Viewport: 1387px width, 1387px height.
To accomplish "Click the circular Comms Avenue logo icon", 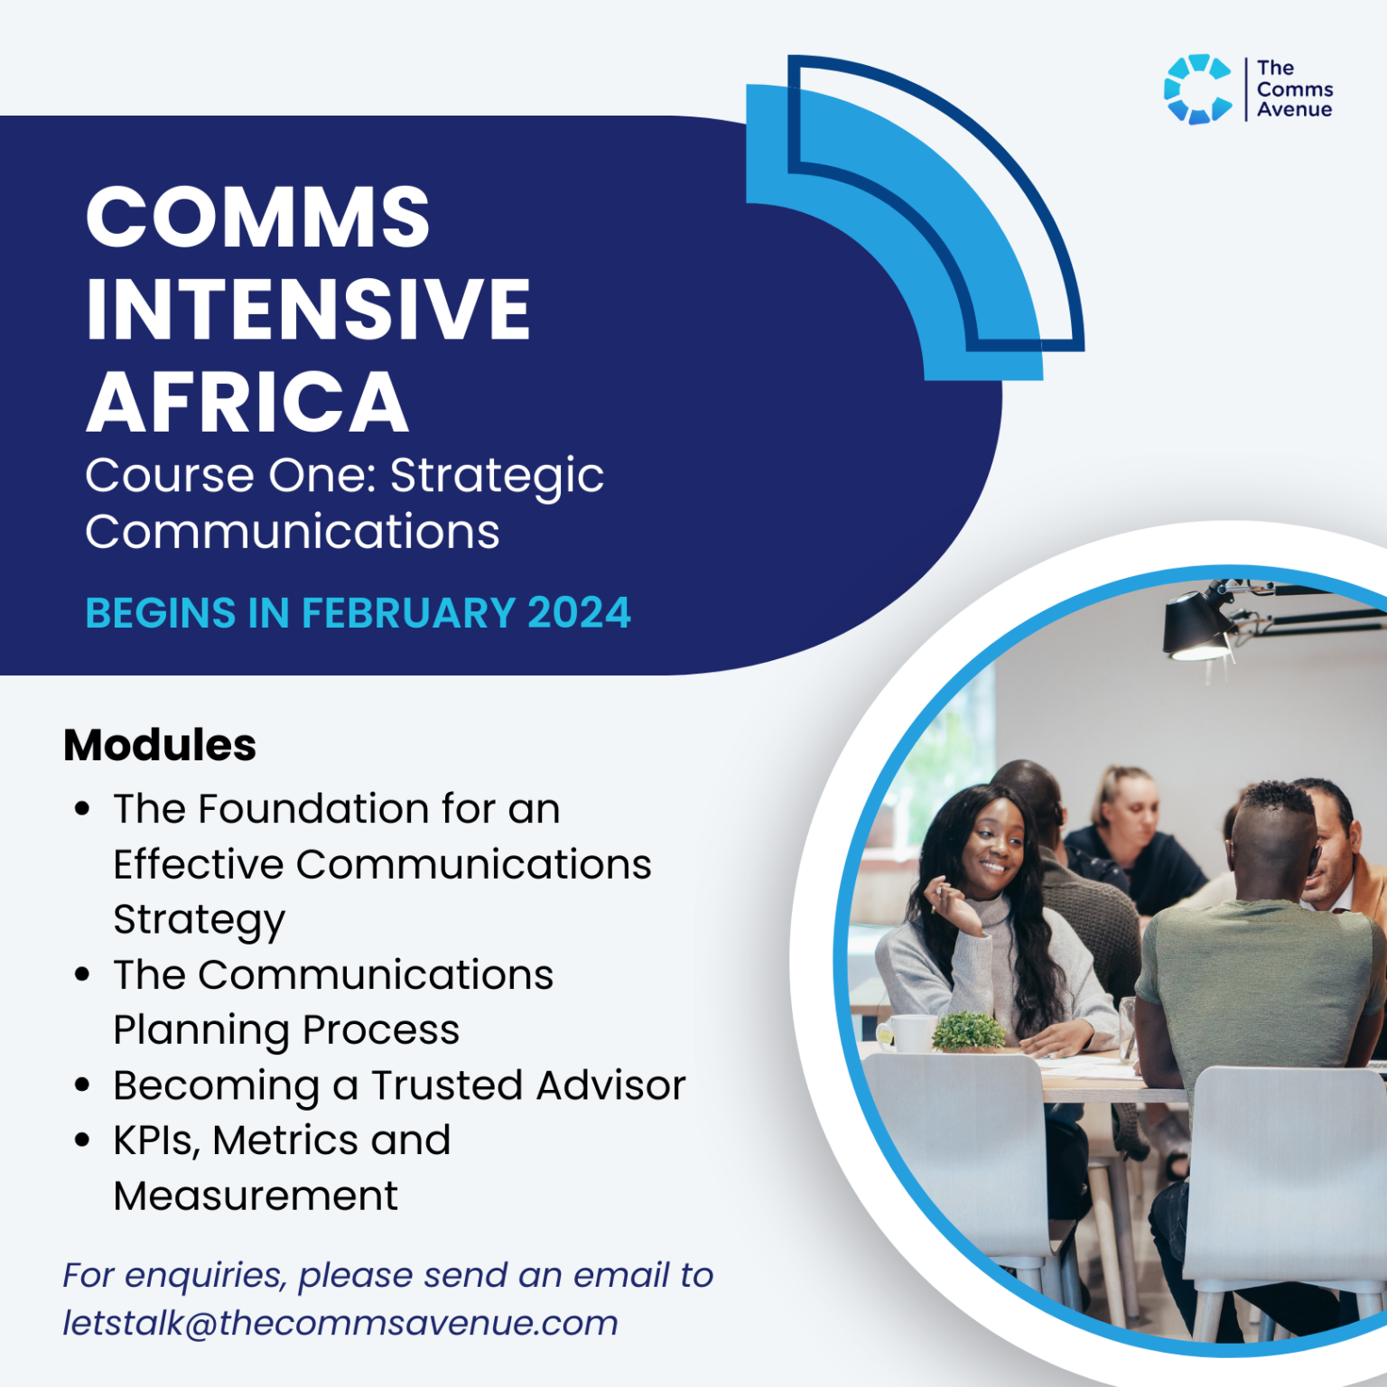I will pyautogui.click(x=1197, y=88).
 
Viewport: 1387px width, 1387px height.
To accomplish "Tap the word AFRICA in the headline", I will pyautogui.click(x=247, y=403).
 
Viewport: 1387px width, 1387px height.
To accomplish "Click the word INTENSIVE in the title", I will pyautogui.click(x=309, y=309).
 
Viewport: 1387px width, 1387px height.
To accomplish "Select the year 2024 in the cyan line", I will pyautogui.click(x=579, y=613).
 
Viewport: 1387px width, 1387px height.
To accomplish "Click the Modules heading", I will pyautogui.click(x=160, y=746).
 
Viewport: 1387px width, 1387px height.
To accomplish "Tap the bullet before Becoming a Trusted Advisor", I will pyautogui.click(x=82, y=1084).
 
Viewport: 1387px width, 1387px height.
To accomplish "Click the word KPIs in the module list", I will pyautogui.click(x=155, y=1140).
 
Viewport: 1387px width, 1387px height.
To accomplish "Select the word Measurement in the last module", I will pyautogui.click(x=256, y=1196).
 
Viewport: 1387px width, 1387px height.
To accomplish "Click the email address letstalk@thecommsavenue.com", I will pyautogui.click(x=340, y=1323).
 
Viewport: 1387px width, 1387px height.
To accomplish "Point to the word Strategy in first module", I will pyautogui.click(x=199, y=920).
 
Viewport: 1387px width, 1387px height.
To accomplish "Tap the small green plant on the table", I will pyautogui.click(x=968, y=1031).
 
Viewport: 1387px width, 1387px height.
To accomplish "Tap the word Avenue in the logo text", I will pyautogui.click(x=1294, y=110).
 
